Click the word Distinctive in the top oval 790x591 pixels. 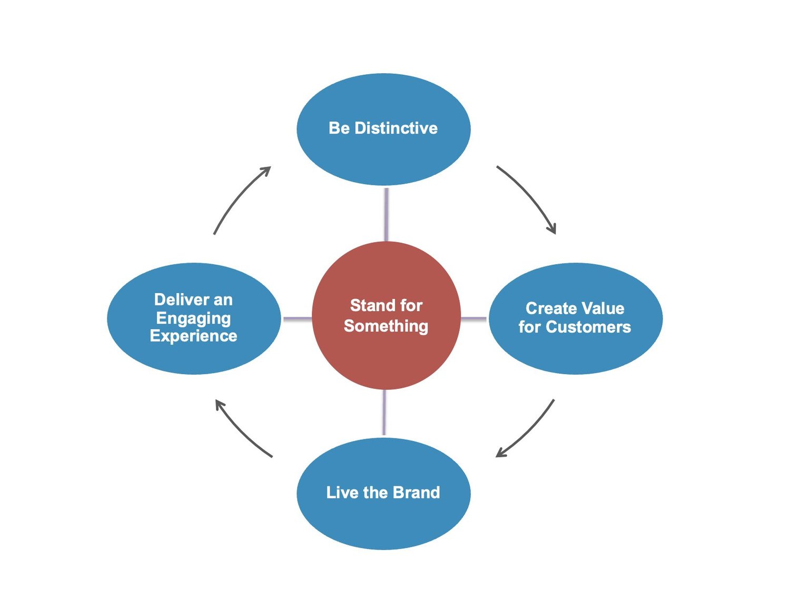396,128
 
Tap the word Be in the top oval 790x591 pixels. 339,128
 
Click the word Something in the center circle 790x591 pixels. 386,326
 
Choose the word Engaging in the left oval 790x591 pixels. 193,318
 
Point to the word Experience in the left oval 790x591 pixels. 193,336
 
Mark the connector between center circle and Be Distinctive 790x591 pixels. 387,214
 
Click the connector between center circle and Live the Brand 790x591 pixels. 384,413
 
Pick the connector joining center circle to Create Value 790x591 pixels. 474,319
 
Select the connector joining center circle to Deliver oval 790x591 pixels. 297,319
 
